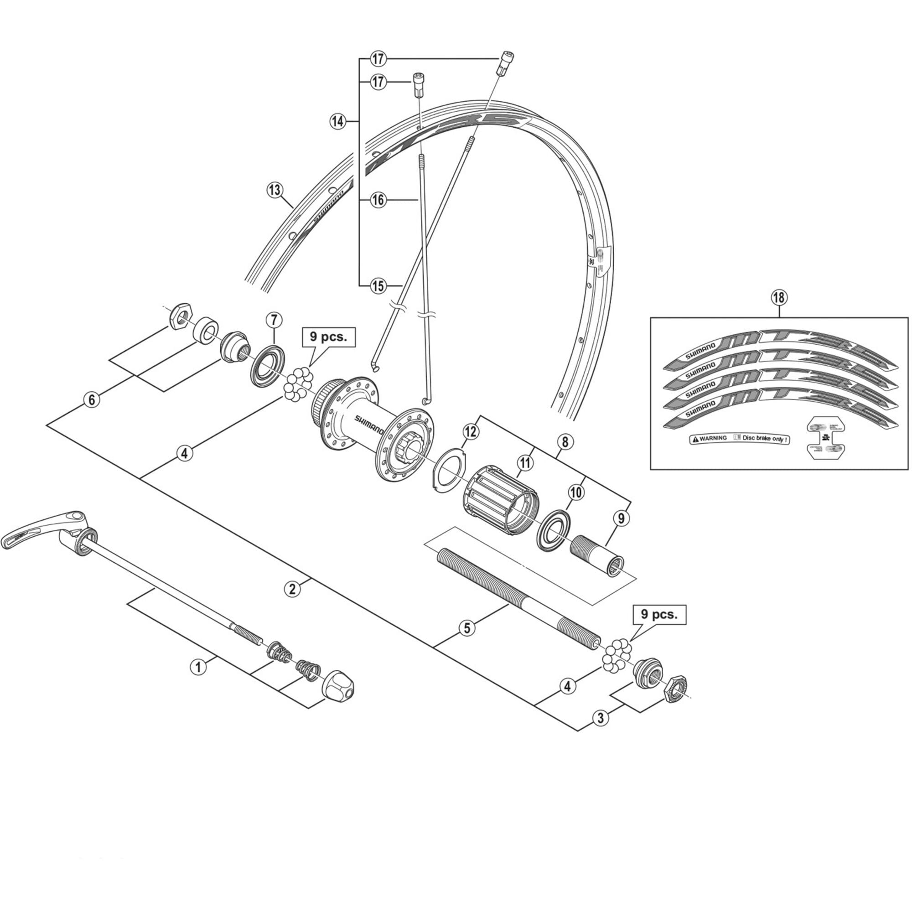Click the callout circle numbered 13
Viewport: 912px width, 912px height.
point(274,191)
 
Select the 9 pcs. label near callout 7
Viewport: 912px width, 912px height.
point(328,337)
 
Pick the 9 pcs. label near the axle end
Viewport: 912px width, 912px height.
point(659,614)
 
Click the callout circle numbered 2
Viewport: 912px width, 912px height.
point(293,589)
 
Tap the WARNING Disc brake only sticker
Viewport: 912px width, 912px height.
point(740,439)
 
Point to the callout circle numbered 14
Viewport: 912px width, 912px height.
point(337,121)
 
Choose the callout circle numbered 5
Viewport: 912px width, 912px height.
point(467,628)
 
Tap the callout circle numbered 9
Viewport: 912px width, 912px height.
point(621,518)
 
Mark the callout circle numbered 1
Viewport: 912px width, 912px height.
point(198,667)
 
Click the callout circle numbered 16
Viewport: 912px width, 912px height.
point(378,200)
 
